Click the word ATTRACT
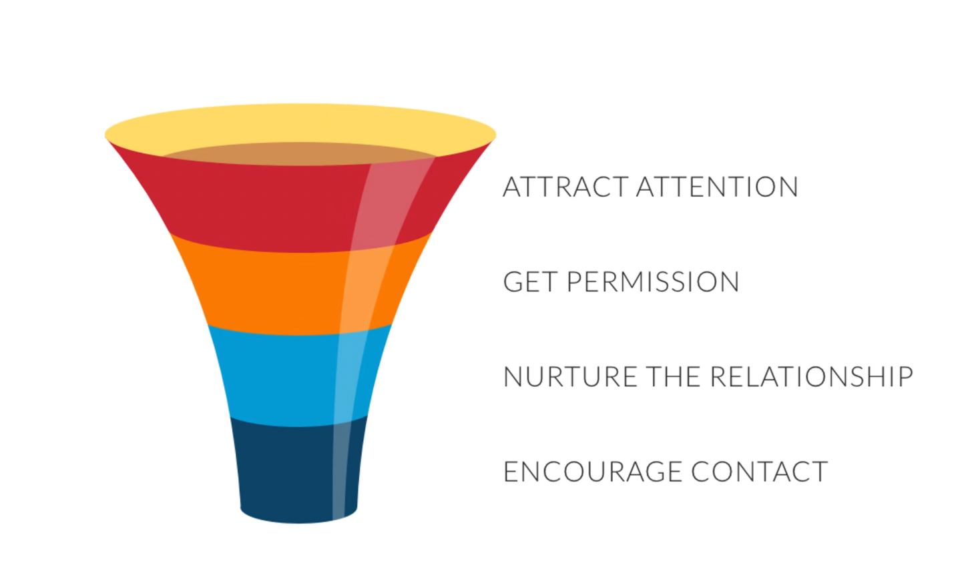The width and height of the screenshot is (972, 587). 565,187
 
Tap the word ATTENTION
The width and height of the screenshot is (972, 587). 717,187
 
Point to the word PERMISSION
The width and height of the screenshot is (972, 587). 653,282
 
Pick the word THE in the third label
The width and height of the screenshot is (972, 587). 674,377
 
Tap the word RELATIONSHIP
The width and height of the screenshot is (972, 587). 811,377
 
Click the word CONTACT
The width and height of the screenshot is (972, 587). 760,472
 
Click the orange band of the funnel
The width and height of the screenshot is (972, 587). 267,290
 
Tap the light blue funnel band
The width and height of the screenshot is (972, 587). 280,377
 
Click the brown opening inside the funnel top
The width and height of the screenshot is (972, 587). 300,153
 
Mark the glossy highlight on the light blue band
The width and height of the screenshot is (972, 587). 348,377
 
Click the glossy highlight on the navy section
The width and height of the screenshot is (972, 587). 342,467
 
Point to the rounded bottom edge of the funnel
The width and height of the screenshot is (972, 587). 298,518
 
